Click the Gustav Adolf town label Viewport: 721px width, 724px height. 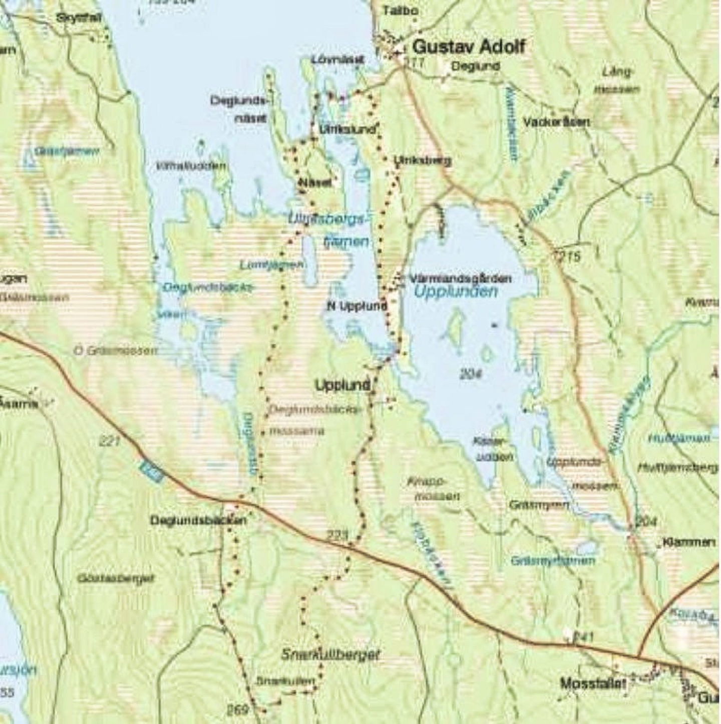[469, 47]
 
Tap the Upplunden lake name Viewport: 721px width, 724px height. [456, 292]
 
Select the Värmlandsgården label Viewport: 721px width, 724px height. [460, 278]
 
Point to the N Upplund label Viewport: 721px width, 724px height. [357, 306]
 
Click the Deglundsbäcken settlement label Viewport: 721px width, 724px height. [198, 520]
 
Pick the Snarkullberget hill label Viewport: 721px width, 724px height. [330, 654]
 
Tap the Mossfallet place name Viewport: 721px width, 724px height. [593, 683]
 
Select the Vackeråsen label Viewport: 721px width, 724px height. [556, 122]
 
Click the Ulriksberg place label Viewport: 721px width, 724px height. [422, 160]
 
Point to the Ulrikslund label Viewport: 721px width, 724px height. [347, 129]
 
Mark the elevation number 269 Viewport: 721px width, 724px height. [237, 709]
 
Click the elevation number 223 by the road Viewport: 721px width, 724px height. [338, 536]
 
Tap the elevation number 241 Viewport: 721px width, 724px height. [583, 637]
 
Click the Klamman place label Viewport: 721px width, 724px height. [689, 542]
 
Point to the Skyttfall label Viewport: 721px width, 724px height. [79, 18]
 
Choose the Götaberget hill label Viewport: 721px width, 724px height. [115, 578]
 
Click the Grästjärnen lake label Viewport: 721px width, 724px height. [553, 560]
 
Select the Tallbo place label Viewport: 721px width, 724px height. [400, 10]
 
